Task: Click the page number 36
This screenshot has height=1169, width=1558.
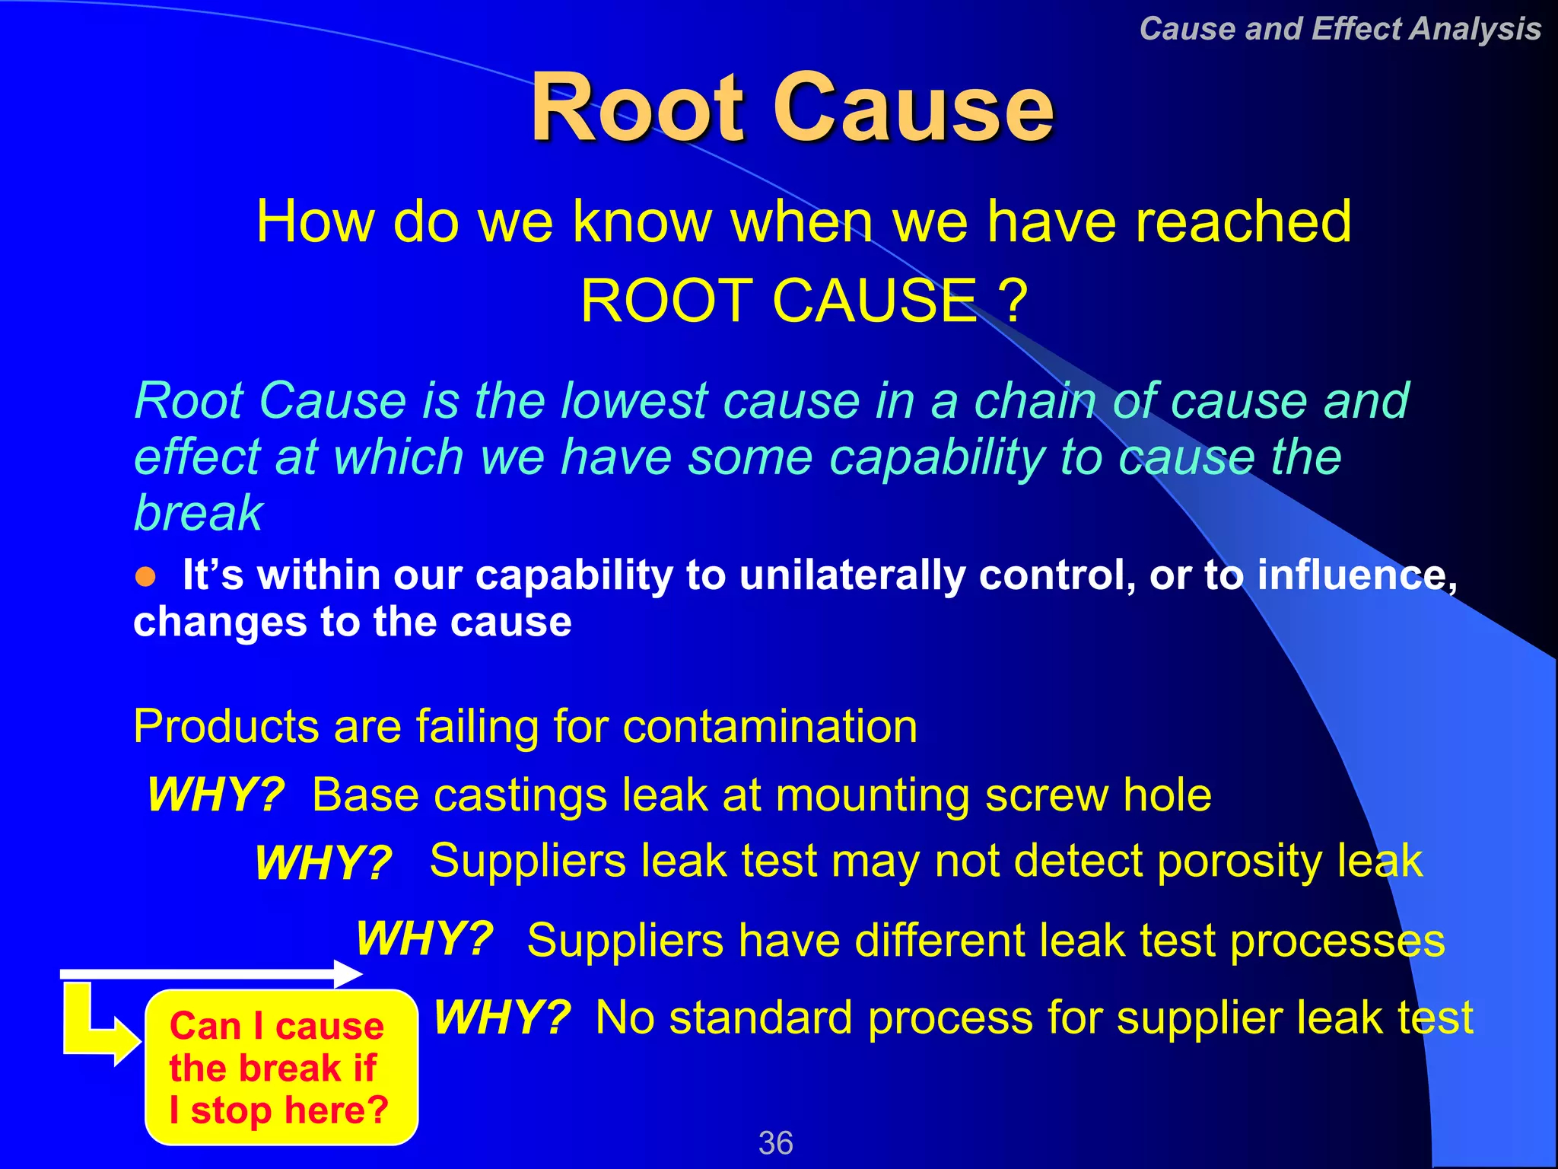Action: click(775, 1142)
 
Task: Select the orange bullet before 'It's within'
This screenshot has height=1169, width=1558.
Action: click(145, 577)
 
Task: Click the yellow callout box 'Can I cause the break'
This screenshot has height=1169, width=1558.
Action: click(280, 1067)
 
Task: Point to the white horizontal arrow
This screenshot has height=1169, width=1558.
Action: click(209, 974)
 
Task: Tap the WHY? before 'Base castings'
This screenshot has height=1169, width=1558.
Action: click(216, 795)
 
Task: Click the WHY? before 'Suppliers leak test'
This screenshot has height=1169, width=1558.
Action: click(323, 863)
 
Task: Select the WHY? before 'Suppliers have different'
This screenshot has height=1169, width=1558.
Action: click(424, 938)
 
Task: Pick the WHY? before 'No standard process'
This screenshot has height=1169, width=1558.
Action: click(502, 1017)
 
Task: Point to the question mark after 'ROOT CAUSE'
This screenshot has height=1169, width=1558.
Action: click(1013, 301)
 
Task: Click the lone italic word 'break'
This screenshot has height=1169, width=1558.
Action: click(198, 512)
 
